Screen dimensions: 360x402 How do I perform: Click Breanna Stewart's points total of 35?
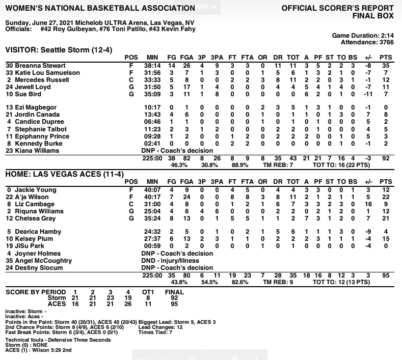[386, 66]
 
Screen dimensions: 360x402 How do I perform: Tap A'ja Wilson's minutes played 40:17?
[152, 197]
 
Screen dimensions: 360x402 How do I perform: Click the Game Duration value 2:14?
[386, 37]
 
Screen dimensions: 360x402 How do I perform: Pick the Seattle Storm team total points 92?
[386, 158]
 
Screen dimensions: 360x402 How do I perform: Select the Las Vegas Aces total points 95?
[386, 275]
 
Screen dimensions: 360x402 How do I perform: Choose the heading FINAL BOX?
[373, 15]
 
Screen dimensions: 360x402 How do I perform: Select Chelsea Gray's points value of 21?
[386, 218]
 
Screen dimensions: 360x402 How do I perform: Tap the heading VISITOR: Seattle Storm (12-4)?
[59, 50]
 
